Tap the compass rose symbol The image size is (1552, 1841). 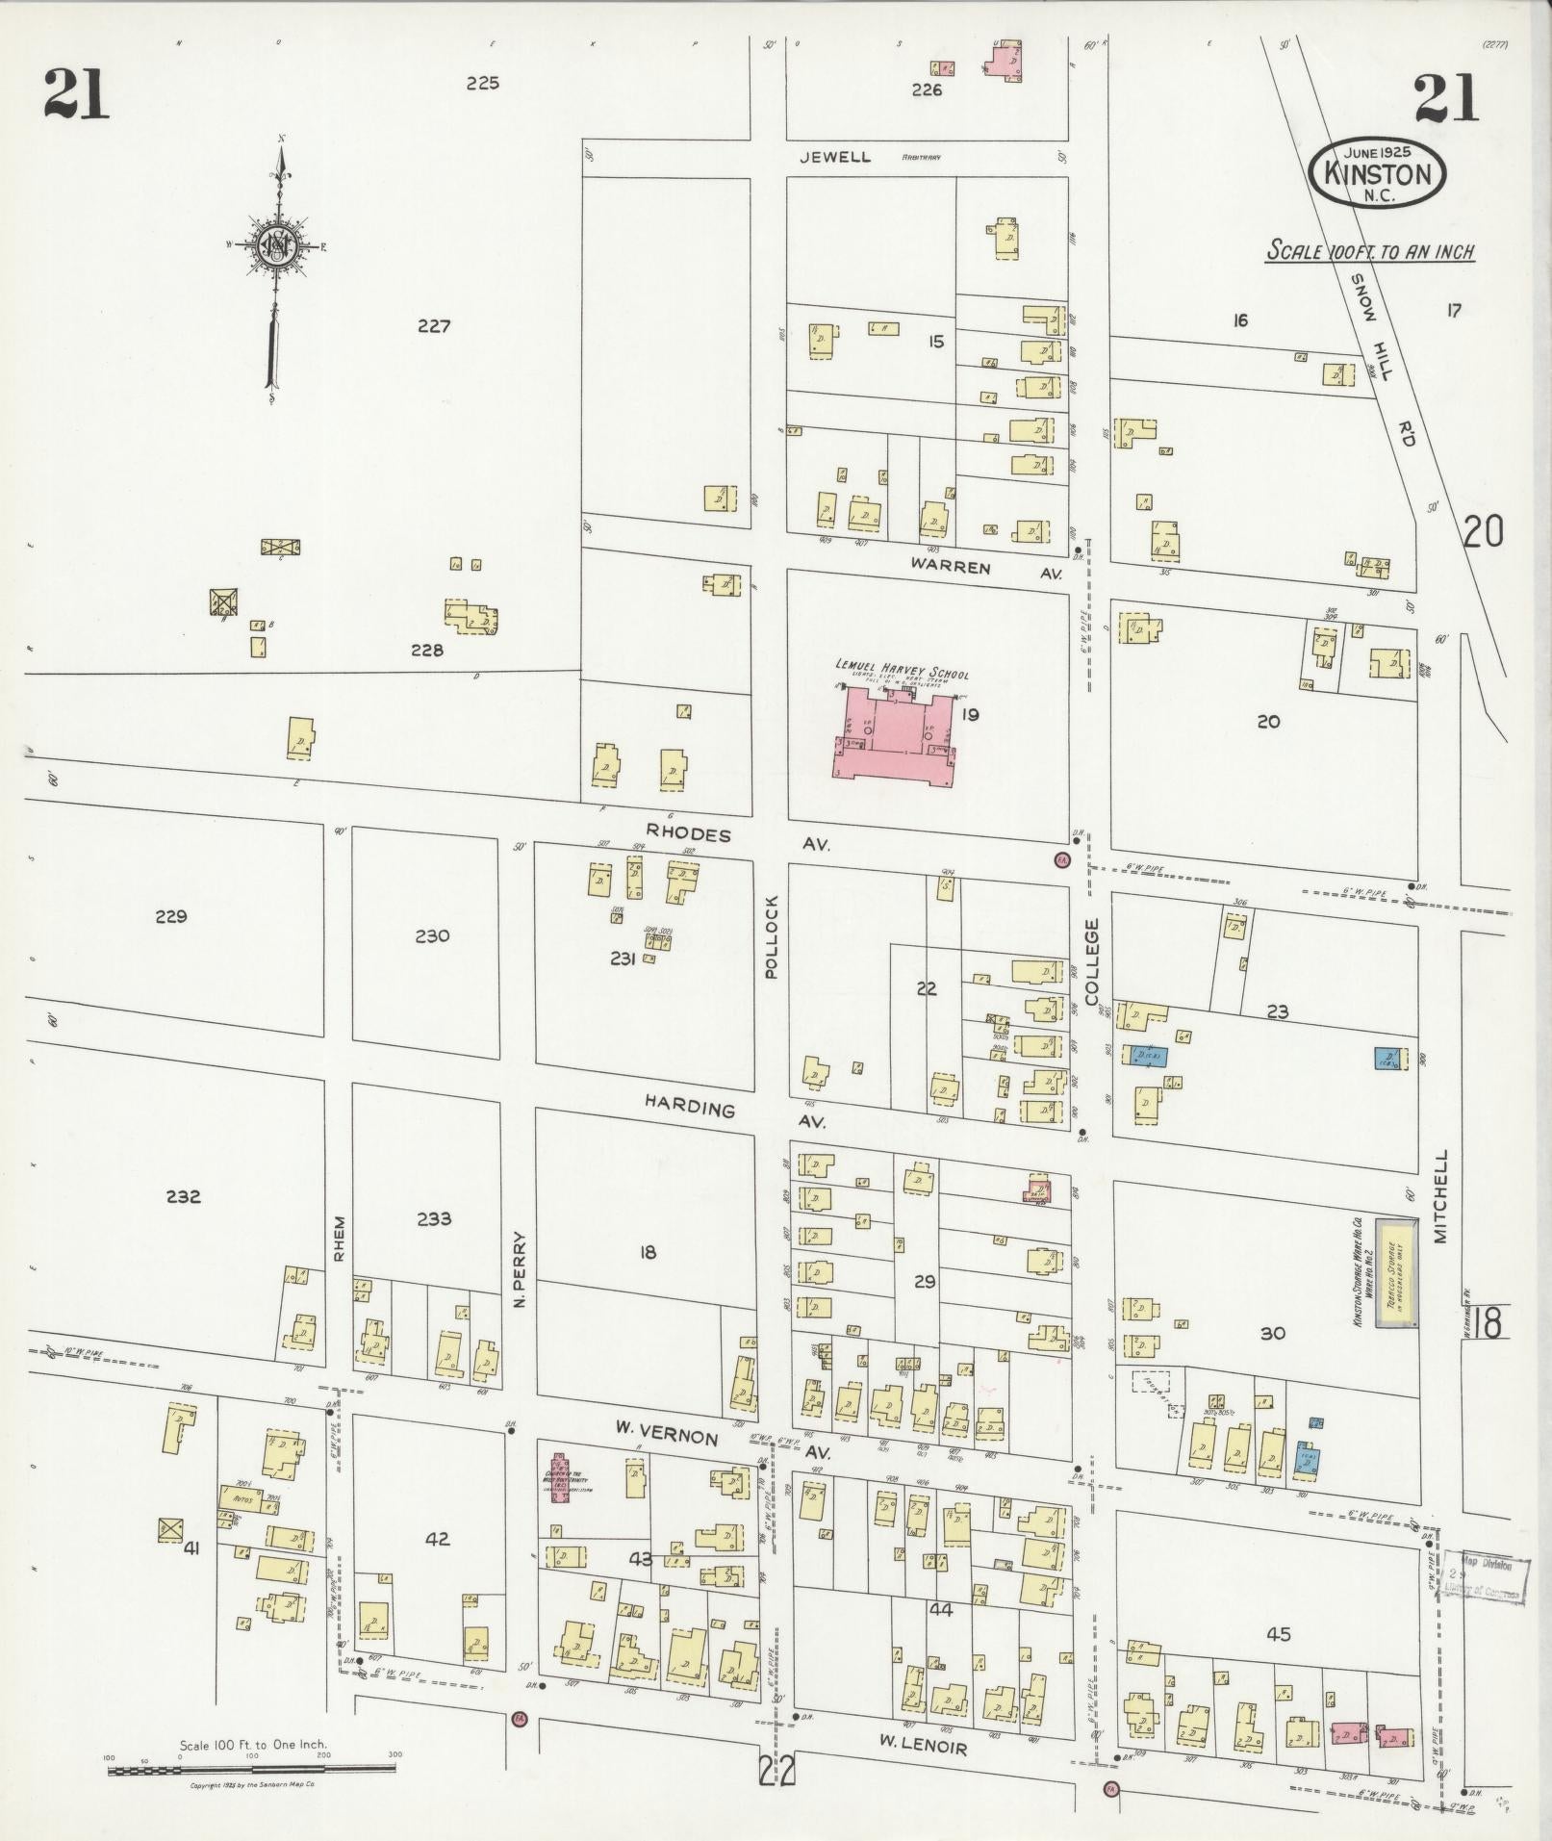pos(277,245)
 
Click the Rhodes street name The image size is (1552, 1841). pos(688,833)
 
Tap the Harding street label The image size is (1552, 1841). pos(689,1108)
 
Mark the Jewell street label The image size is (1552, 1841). pos(836,157)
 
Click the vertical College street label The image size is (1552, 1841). pos(1091,961)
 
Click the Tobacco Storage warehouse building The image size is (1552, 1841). pos(1394,1274)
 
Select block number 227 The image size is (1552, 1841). pos(434,326)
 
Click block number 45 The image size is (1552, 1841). pos(1279,1634)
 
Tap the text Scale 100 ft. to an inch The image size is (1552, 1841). pos(1370,252)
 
